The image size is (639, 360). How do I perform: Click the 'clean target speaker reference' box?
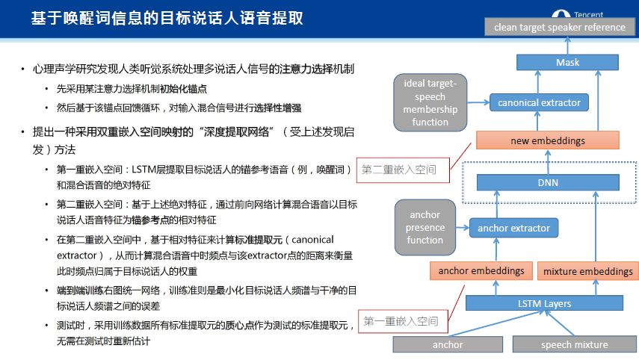(x=560, y=27)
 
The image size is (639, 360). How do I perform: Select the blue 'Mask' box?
(x=567, y=63)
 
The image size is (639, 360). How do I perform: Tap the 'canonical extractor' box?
(x=539, y=102)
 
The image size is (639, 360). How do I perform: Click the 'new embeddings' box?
(x=548, y=140)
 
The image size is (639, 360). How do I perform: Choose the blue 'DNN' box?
(x=548, y=181)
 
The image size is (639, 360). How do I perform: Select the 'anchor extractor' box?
(x=513, y=228)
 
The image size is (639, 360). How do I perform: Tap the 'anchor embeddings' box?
(x=481, y=270)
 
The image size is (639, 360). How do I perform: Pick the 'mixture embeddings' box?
(x=587, y=271)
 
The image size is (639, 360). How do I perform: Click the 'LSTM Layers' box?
(x=545, y=303)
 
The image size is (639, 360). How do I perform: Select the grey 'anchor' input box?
(x=448, y=344)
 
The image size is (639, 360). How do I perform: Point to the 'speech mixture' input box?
(x=574, y=344)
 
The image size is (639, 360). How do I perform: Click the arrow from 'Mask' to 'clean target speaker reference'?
(x=567, y=46)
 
